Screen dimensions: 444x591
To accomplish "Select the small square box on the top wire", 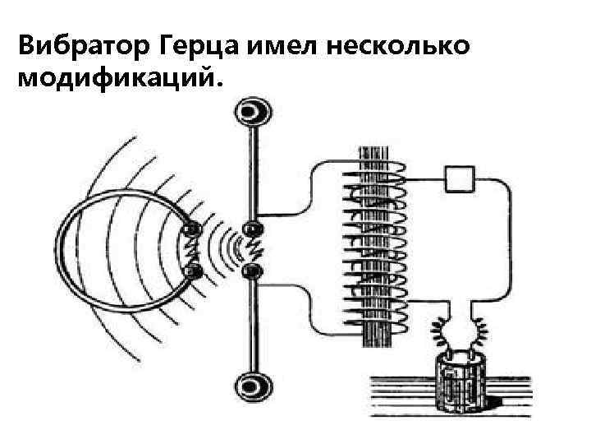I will coord(460,176).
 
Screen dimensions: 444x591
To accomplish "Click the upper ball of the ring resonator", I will coord(195,231).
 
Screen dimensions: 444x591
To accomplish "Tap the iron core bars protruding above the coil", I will coord(377,155).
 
